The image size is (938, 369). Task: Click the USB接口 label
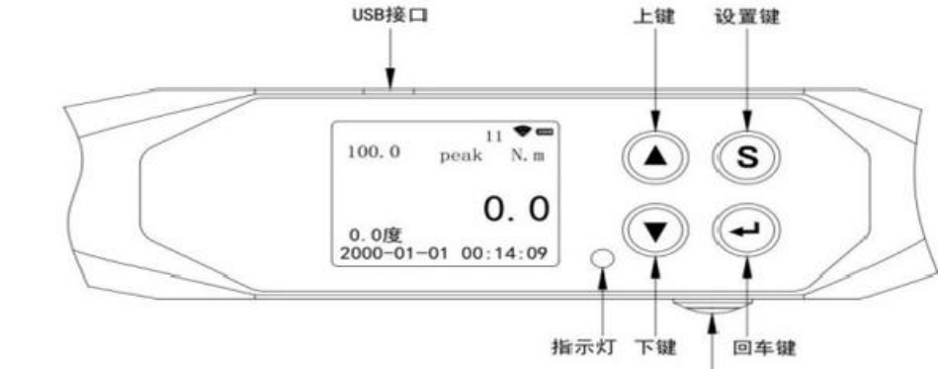tap(389, 16)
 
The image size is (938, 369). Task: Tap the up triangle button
tap(656, 156)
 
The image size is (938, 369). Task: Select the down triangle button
tap(656, 231)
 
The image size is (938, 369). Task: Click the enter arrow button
tap(747, 231)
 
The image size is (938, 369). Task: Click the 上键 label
tap(655, 17)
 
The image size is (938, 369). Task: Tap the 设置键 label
tap(748, 17)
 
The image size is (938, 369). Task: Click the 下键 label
tap(655, 347)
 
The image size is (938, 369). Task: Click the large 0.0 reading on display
tap(516, 209)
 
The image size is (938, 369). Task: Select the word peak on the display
tap(461, 155)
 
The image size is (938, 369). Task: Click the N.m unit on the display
tap(529, 155)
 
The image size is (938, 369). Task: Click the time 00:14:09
tap(504, 253)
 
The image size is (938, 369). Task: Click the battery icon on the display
tap(545, 131)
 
